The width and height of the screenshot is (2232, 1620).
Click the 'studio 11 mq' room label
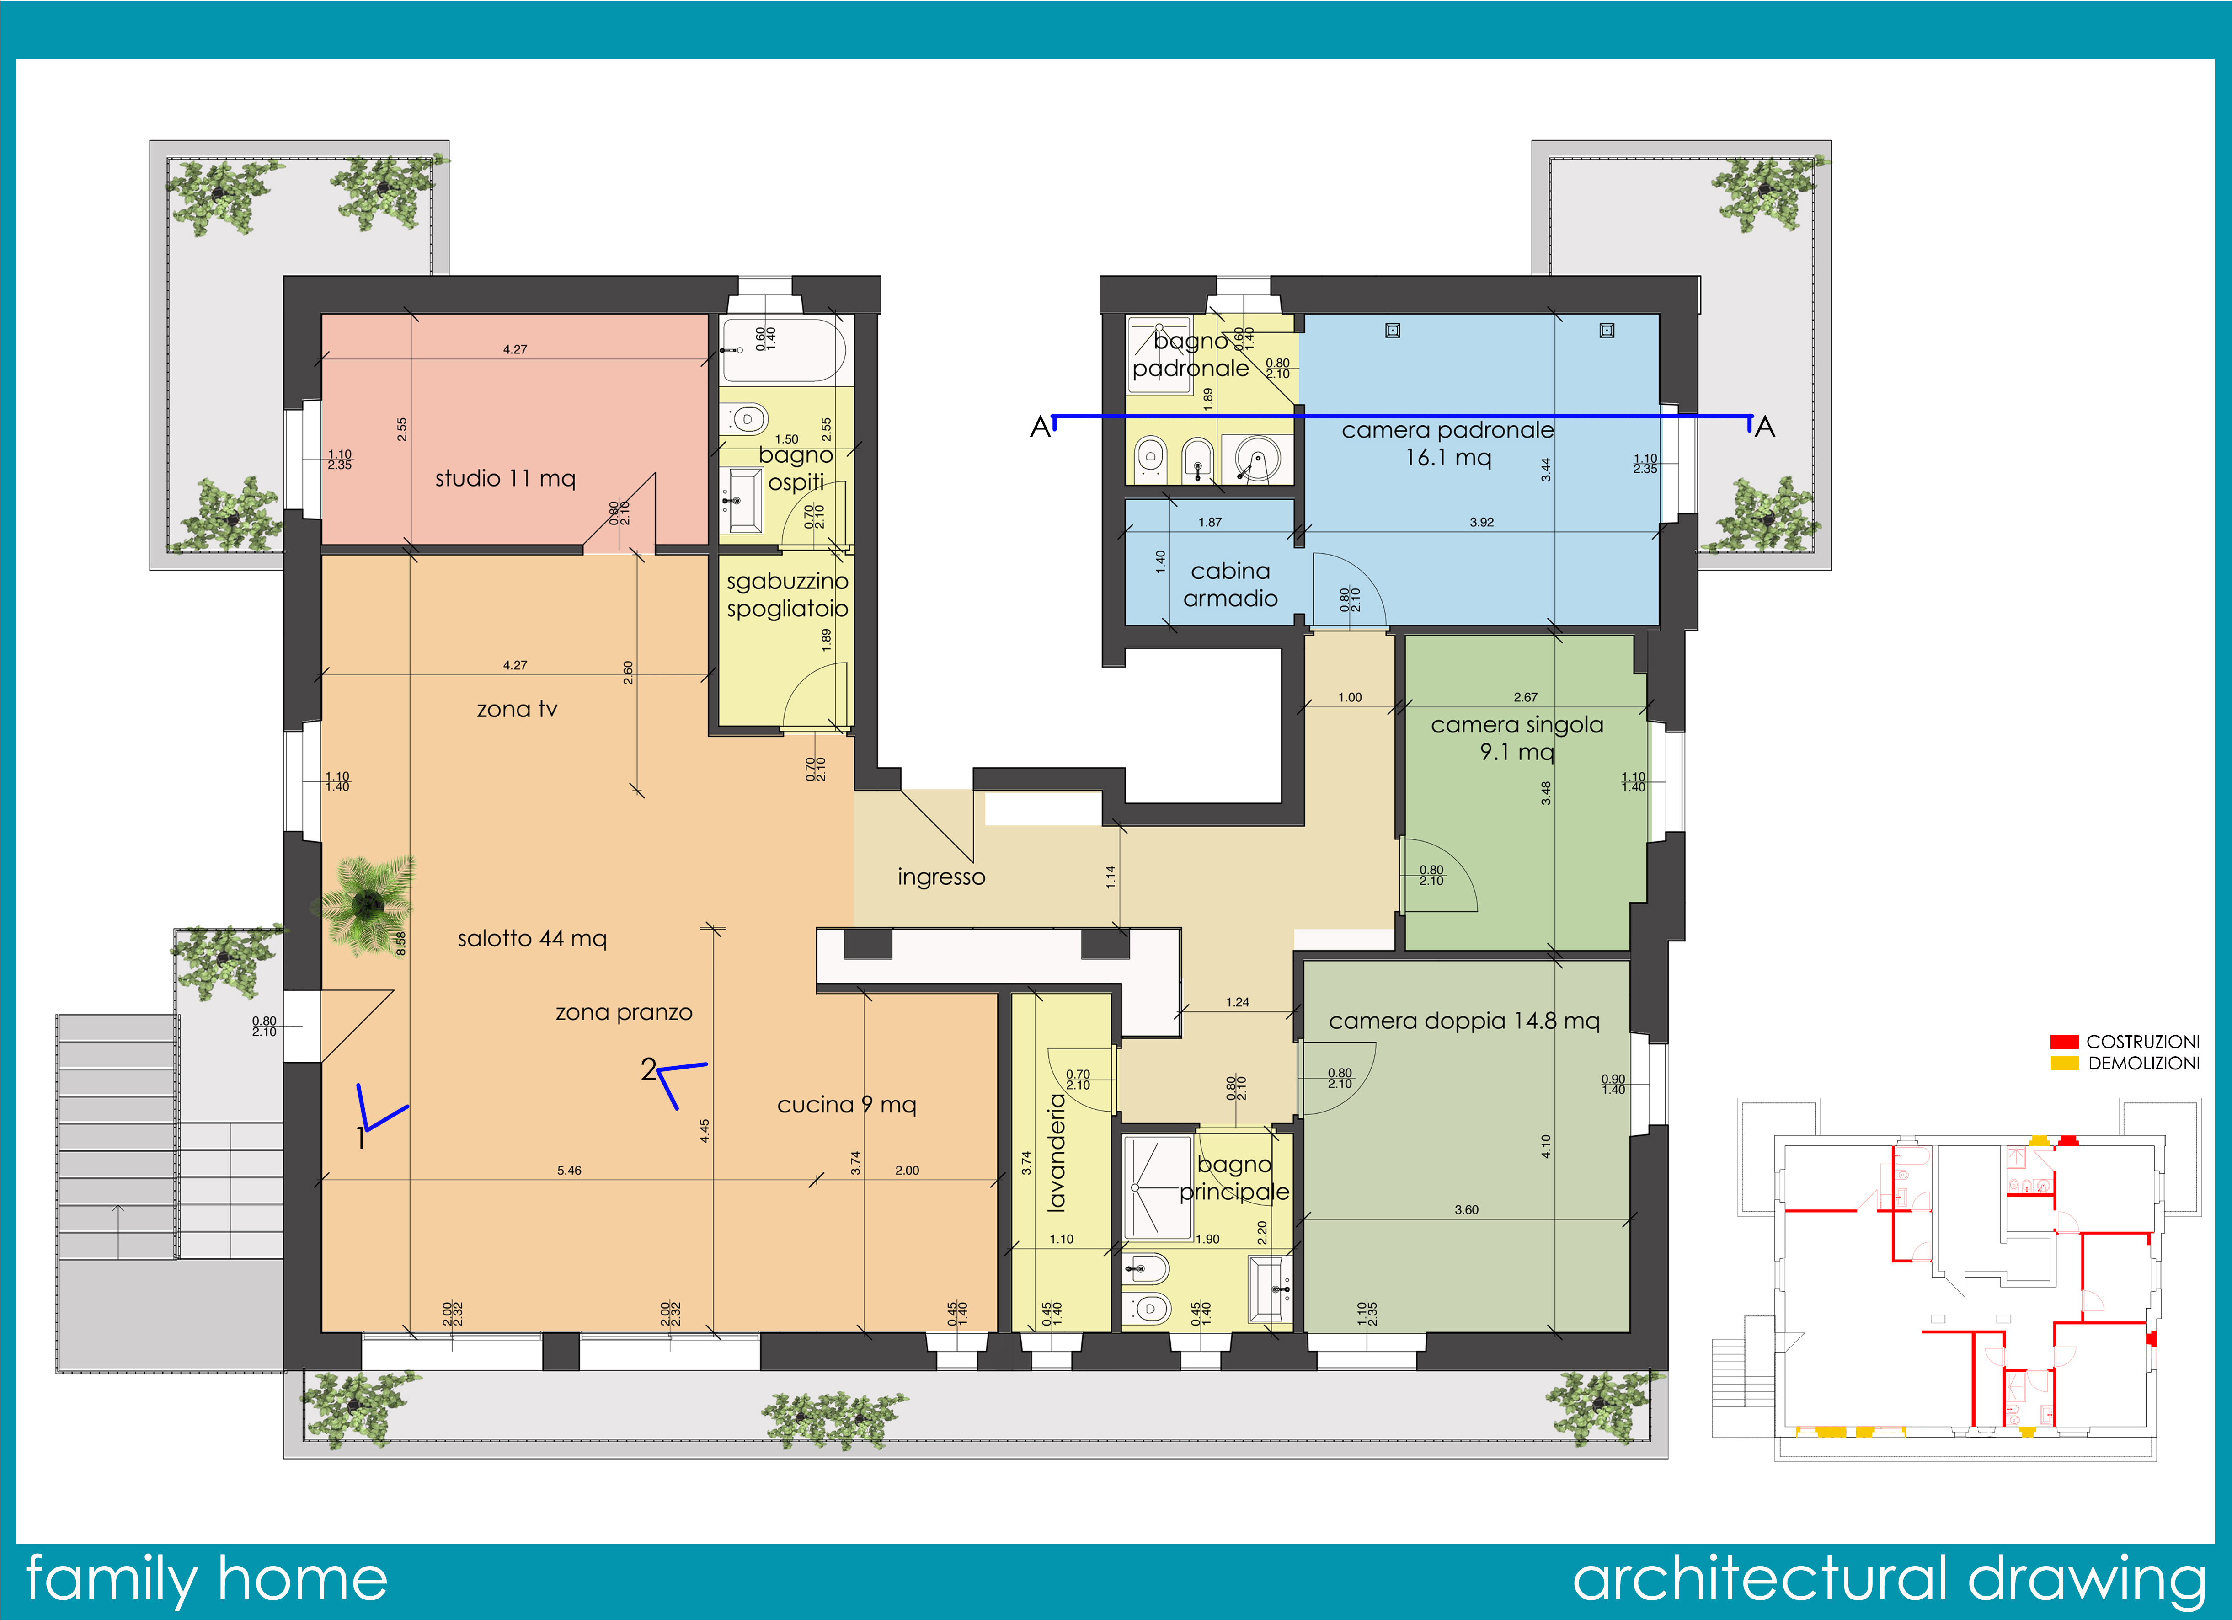[505, 478]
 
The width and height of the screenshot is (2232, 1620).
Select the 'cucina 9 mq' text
[846, 1104]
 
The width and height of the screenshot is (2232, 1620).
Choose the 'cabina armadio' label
[1230, 585]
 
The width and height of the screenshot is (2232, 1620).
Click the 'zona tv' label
[517, 709]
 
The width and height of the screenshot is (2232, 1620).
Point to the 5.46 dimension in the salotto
[569, 1170]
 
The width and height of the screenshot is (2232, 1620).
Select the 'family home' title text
[206, 1580]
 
